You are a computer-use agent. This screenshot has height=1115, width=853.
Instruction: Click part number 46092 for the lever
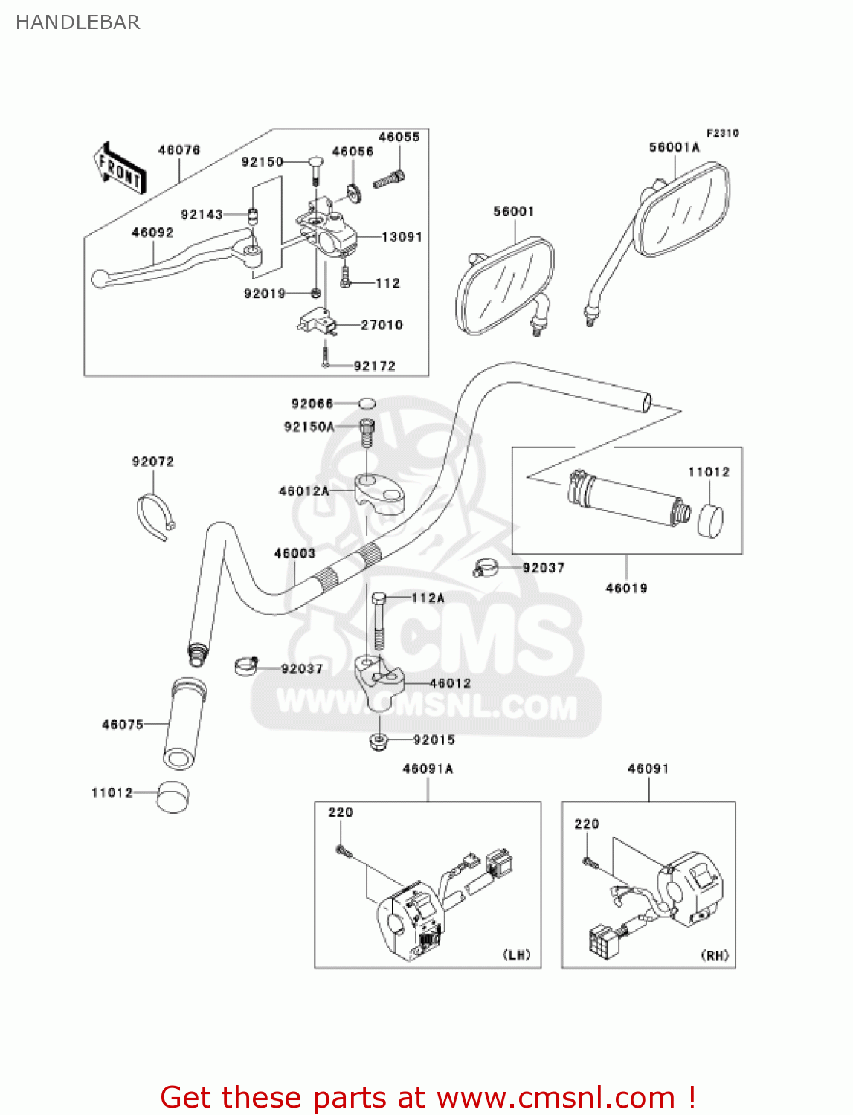click(x=152, y=233)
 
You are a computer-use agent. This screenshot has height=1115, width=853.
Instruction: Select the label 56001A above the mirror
click(x=674, y=147)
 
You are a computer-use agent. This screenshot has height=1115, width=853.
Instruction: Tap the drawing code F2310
click(x=722, y=133)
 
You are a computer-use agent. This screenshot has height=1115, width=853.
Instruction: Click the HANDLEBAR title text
click(x=77, y=22)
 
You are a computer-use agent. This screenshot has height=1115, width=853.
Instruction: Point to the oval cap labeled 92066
click(x=367, y=404)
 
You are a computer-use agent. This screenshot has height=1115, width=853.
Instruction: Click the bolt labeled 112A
click(x=379, y=621)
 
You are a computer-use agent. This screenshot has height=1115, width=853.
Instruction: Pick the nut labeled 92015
click(x=379, y=740)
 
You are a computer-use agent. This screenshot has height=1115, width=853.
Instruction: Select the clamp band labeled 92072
click(x=155, y=515)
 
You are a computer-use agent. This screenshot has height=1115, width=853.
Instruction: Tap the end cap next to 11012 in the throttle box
click(x=711, y=520)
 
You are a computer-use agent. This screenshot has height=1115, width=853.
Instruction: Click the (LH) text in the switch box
click(x=517, y=955)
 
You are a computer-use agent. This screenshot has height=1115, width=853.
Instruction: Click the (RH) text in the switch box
click(x=715, y=955)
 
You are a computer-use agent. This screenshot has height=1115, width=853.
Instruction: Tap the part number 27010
click(x=382, y=325)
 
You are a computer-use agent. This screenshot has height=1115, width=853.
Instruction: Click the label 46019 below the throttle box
click(x=626, y=588)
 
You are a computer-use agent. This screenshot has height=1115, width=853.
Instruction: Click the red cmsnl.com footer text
click(x=428, y=1098)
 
